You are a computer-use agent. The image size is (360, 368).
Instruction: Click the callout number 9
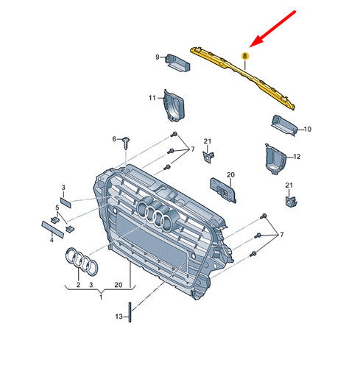(x=157, y=57)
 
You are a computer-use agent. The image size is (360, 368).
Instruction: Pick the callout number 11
(x=152, y=97)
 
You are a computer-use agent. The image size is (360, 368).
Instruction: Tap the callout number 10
(x=307, y=129)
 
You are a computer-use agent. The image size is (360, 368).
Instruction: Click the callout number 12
(x=297, y=156)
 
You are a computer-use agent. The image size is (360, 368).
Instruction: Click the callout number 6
(x=114, y=138)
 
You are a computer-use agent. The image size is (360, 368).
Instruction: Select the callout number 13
(x=118, y=316)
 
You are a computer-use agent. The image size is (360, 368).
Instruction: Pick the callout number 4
(x=51, y=239)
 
